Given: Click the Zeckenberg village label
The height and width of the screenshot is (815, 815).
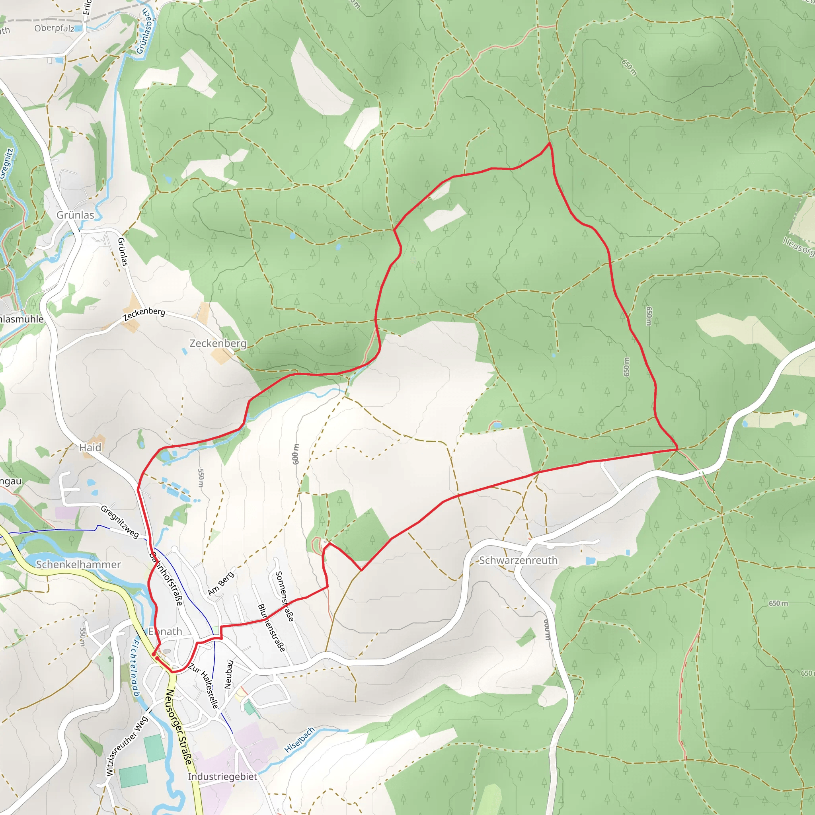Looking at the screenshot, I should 218,343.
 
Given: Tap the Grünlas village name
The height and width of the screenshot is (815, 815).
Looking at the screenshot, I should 76,215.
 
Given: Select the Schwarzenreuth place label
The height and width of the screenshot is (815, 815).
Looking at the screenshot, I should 518,560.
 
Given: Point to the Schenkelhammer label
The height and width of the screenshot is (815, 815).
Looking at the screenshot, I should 78,564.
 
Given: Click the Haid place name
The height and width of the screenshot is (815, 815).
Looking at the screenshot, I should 90,448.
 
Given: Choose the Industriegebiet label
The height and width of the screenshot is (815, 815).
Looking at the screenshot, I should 222,777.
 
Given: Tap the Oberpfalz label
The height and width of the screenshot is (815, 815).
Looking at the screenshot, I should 55,28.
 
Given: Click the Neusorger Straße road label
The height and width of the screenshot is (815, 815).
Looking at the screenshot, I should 179,726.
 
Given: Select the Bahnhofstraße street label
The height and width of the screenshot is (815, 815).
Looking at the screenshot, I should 167,578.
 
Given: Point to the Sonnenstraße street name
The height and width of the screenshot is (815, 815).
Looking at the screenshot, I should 284,597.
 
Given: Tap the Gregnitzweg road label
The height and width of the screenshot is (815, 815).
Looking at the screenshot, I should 120,522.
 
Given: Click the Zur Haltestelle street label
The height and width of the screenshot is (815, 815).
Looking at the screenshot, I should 204,686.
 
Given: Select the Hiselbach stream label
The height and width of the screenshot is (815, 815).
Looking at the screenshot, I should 300,740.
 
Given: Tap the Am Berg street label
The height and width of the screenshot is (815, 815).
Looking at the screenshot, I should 220,584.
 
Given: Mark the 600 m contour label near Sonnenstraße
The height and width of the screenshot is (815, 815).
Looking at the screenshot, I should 295,454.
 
